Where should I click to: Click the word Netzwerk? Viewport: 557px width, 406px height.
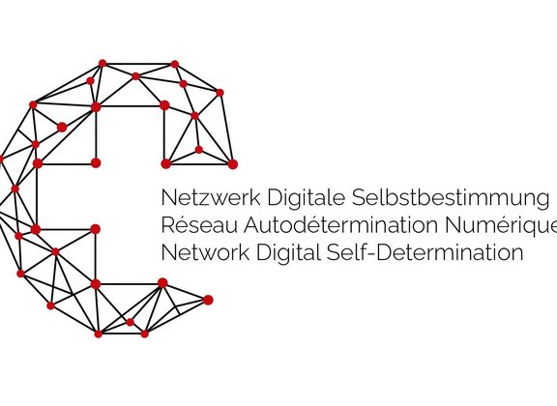coord(211,197)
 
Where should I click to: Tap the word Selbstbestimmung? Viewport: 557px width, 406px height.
coord(450,198)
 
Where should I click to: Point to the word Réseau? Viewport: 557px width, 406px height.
coord(199,225)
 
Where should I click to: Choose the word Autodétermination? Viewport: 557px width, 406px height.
coord(340,225)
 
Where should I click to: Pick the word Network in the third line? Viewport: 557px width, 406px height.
coord(205,252)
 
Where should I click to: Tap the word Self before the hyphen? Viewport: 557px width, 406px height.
coord(347,252)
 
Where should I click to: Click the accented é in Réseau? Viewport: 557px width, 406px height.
coord(182,226)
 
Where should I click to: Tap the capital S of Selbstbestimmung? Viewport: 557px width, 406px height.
coord(359,197)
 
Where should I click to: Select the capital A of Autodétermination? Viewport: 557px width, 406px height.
coord(252,225)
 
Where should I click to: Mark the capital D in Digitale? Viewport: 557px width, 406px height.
coord(276,198)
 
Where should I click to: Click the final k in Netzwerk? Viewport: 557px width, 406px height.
coord(255,197)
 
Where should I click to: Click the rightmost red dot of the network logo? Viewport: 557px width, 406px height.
coord(233,164)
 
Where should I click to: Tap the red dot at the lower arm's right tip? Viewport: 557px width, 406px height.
coord(208,300)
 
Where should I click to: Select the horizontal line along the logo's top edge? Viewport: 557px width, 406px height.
coord(138,64)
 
